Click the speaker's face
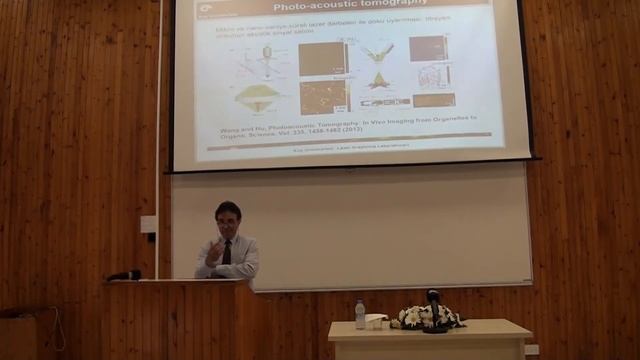(x=228, y=221)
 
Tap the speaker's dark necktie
(x=227, y=251)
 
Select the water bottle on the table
(x=360, y=314)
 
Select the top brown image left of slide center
(x=321, y=58)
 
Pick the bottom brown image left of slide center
(x=321, y=97)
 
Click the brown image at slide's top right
(x=426, y=48)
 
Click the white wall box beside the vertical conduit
(x=148, y=224)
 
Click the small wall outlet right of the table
(x=531, y=349)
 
